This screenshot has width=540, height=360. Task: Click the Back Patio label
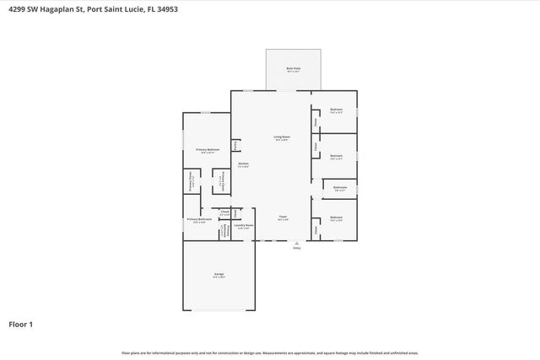pyautogui.click(x=294, y=68)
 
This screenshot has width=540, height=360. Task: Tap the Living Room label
pyautogui.click(x=281, y=137)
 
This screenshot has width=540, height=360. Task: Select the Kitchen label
pyautogui.click(x=242, y=164)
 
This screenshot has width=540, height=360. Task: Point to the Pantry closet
pyautogui.click(x=235, y=145)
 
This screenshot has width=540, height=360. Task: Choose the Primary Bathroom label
pyautogui.click(x=199, y=220)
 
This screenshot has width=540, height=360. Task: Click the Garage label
pyautogui.click(x=219, y=276)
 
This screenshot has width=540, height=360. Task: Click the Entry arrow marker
pyautogui.click(x=296, y=243)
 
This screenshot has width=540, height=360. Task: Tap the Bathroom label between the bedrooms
pyautogui.click(x=339, y=188)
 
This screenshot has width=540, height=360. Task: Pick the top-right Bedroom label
pyautogui.click(x=336, y=111)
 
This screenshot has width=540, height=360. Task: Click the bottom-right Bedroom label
pyautogui.click(x=336, y=219)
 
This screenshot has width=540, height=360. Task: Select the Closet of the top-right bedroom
pyautogui.click(x=315, y=121)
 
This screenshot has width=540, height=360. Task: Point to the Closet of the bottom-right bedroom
pyautogui.click(x=315, y=228)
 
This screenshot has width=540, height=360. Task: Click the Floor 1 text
pyautogui.click(x=20, y=324)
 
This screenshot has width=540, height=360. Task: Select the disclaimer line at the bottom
pyautogui.click(x=269, y=352)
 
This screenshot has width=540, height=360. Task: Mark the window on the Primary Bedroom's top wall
pyautogui.click(x=206, y=113)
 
